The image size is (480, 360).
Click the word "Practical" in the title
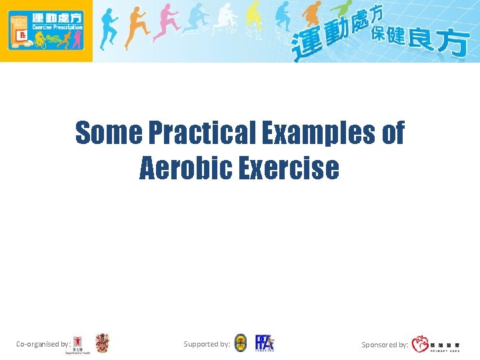(200, 133)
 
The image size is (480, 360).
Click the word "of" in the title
(393, 133)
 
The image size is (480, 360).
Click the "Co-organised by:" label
(43, 345)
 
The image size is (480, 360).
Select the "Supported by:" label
(207, 344)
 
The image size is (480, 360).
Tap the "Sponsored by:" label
(385, 345)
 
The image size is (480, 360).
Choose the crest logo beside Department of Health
(102, 343)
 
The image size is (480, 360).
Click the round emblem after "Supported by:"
(241, 343)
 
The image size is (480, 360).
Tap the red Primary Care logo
(421, 344)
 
